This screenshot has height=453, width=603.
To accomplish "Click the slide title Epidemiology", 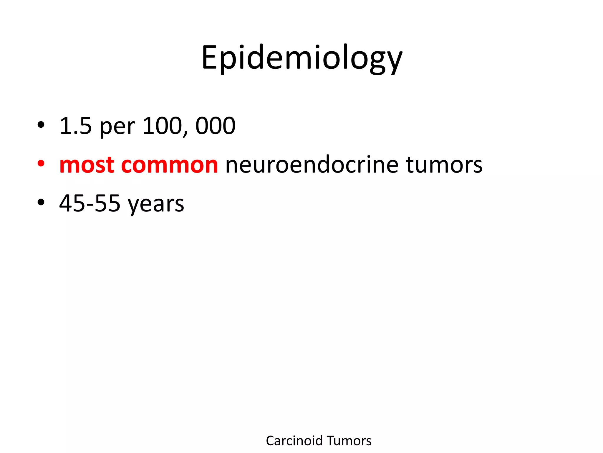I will (x=301, y=58).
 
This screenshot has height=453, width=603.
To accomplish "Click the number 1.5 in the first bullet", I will (x=76, y=126).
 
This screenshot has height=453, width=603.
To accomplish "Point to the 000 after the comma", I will (x=216, y=126).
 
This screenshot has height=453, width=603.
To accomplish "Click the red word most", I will (x=87, y=165).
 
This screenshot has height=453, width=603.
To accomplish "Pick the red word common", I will (x=169, y=165).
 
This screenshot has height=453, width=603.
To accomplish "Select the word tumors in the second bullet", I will (x=444, y=165).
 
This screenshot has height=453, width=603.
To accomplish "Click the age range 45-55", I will (x=90, y=203).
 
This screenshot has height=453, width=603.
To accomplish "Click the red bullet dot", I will (x=41, y=163).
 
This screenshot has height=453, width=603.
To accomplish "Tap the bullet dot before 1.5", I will (x=41, y=125).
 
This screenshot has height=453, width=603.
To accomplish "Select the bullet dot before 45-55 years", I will (x=41, y=202).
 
